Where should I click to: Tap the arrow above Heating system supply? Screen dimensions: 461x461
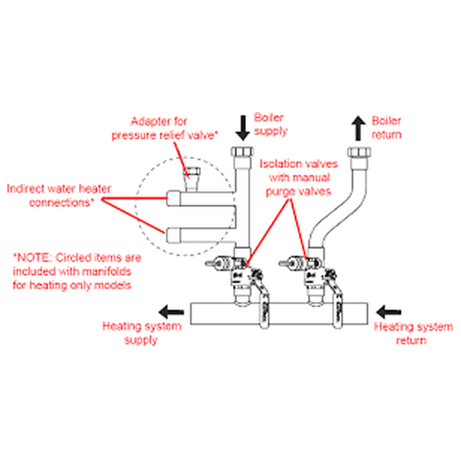point(172,311)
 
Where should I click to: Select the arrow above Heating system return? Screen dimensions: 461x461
point(389,311)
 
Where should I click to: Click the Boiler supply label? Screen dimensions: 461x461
point(271,124)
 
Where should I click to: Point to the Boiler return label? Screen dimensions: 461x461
point(386,127)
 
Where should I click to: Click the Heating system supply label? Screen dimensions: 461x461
point(142,333)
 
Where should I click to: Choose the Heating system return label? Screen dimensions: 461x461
point(413,333)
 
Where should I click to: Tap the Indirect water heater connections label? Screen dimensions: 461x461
point(59,195)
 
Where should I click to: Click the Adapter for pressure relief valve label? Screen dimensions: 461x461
point(165,128)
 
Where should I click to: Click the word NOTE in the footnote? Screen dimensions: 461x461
point(33,258)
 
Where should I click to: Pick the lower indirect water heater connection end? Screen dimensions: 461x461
point(174,235)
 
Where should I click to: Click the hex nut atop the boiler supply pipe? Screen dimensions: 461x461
point(243,151)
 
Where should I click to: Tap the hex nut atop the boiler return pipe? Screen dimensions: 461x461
point(359,151)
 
